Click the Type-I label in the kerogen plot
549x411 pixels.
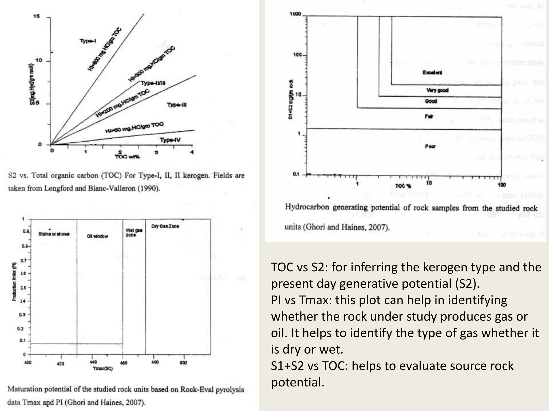[88, 41]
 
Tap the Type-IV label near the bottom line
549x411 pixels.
[170, 140]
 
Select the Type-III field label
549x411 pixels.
[177, 105]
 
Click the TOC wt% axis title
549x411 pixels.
[127, 157]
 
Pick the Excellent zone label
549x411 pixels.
[432, 73]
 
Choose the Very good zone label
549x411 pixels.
[437, 90]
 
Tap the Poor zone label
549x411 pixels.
[430, 146]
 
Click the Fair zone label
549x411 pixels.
[429, 116]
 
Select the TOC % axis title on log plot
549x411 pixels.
[403, 186]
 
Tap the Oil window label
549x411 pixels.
[97, 236]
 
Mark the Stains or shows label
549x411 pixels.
[54, 234]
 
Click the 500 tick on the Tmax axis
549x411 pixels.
[183, 363]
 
